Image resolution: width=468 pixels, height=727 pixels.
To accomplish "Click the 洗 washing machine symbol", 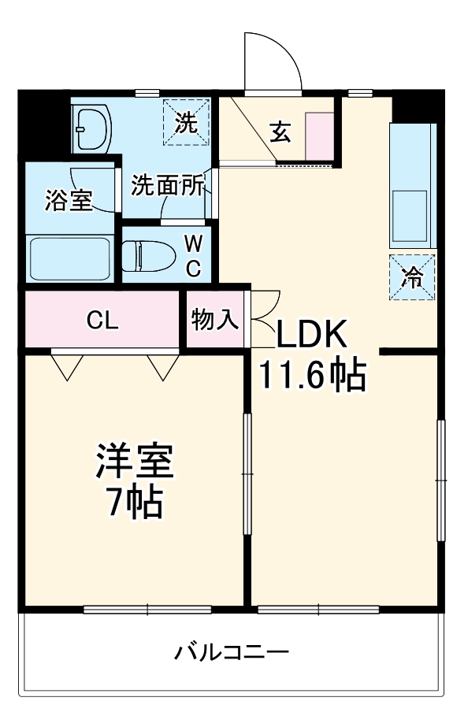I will click(187, 122).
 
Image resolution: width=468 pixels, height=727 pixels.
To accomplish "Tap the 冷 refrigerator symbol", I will click(411, 276).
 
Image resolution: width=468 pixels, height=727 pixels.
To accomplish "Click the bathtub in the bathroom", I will click(69, 258).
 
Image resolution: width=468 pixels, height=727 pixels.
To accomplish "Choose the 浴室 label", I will click(69, 200).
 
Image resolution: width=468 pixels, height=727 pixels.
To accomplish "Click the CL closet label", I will click(102, 321).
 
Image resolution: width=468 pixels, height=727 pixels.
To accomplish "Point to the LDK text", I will click(311, 336).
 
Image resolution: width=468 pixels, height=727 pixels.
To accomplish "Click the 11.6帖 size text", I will click(313, 376).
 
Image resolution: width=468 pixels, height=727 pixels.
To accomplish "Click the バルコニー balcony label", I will click(232, 652).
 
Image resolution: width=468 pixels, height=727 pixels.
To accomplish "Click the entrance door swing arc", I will click(272, 59).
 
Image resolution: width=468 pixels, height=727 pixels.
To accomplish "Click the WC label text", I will click(193, 255).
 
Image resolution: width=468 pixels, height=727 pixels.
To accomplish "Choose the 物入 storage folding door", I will click(264, 315).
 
